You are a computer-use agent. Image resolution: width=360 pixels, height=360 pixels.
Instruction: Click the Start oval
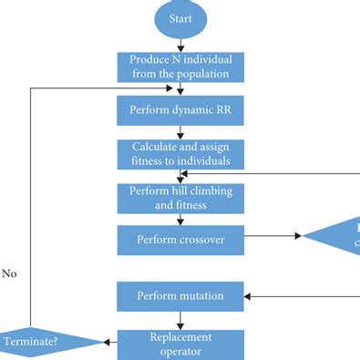point(180,19)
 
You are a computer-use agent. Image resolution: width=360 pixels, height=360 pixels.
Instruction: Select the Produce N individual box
point(180,67)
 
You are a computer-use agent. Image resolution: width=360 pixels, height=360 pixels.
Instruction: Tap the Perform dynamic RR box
point(180,111)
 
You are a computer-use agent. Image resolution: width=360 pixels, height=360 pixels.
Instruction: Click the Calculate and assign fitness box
point(180,153)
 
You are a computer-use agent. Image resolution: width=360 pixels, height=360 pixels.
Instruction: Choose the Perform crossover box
point(180,240)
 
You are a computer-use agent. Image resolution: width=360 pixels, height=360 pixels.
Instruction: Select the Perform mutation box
point(180,296)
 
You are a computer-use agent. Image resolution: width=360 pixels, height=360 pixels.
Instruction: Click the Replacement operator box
point(180,343)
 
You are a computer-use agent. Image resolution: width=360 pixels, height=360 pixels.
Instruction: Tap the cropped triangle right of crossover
point(337,236)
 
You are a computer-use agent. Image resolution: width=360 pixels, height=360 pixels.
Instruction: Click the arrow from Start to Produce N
point(180,43)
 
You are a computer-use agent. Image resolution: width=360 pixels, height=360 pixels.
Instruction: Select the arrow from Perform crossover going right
point(273,236)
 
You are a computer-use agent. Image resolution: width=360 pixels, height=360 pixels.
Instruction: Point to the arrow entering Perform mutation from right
point(301,295)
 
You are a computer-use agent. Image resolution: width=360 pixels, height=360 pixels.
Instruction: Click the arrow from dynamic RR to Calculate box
point(180,132)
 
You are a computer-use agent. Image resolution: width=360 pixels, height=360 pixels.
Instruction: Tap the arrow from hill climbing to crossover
point(180,220)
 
